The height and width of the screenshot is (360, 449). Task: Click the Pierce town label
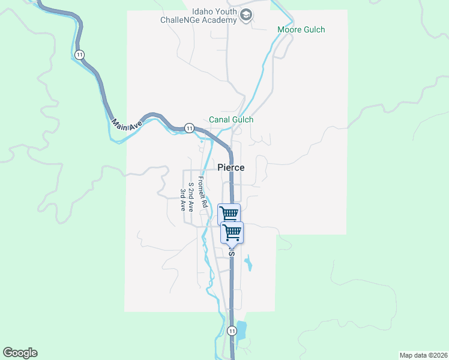click(231, 167)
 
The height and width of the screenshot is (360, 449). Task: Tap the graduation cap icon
click(246, 15)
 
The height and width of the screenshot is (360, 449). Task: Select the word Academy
click(219, 20)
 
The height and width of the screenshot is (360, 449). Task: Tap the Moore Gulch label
click(301, 29)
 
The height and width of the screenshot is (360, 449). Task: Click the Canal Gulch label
click(231, 119)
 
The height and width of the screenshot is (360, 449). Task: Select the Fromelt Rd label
click(203, 192)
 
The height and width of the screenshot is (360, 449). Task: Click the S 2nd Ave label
click(191, 197)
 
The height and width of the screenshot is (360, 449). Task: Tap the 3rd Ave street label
click(183, 200)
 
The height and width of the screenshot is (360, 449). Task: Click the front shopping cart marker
click(232, 232)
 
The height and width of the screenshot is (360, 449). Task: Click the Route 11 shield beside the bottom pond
click(232, 331)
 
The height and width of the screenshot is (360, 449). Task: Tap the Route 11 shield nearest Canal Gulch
click(189, 128)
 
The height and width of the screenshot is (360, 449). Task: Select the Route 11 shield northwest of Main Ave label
click(80, 55)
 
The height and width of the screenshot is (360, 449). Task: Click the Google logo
click(20, 353)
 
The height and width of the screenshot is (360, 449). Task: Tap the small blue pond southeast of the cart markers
click(249, 264)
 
